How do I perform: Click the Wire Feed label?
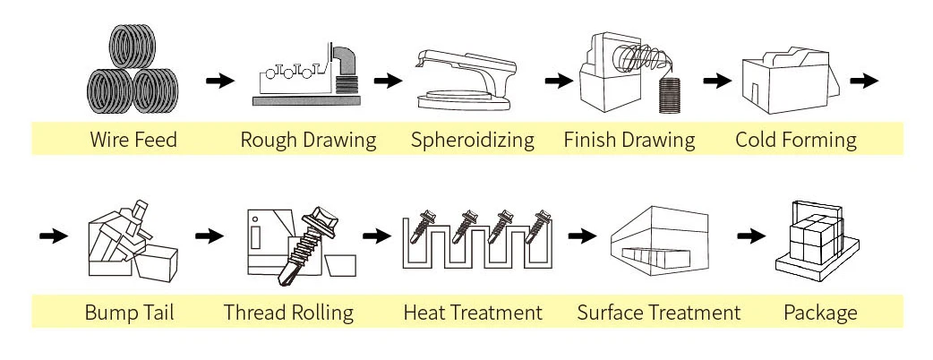[133, 140]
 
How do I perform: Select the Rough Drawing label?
[308, 140]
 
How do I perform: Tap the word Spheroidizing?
[472, 140]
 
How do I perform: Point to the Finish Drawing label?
[629, 140]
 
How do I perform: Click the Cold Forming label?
[795, 140]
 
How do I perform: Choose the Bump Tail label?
[129, 313]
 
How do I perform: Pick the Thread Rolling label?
[288, 313]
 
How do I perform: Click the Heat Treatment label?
[473, 313]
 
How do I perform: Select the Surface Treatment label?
[658, 313]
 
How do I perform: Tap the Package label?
[820, 313]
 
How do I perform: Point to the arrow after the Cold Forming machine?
[863, 81]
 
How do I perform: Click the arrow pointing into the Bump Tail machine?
[55, 236]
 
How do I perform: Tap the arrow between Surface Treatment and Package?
[751, 236]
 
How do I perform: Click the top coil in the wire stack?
[133, 44]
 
